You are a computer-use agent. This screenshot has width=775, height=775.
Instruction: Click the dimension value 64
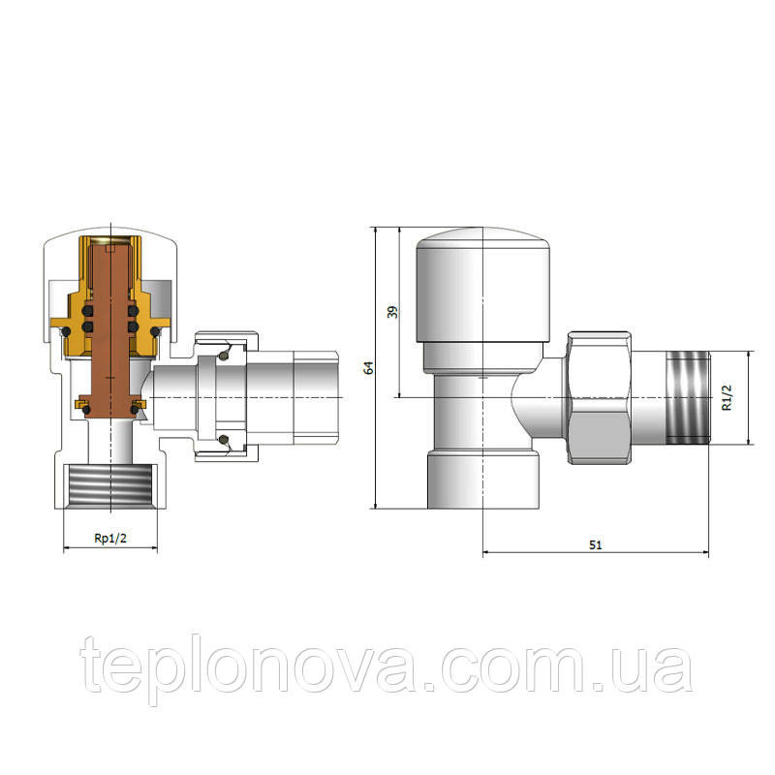tap(367, 368)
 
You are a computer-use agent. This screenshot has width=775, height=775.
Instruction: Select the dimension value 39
tap(392, 312)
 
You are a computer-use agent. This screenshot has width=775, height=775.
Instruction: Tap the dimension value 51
tap(595, 544)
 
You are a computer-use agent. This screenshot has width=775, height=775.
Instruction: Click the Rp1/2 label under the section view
tap(110, 539)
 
